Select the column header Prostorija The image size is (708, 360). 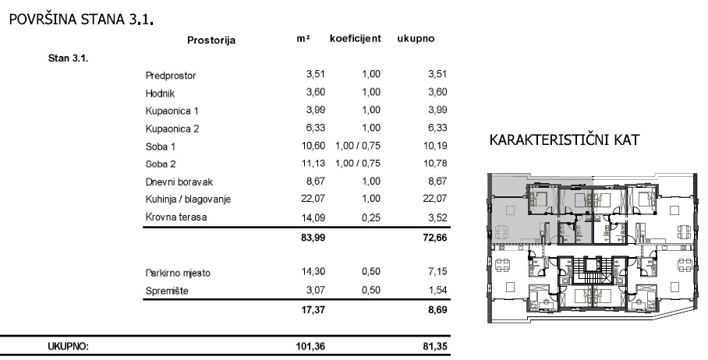click(x=211, y=40)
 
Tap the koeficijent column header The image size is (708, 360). click(x=355, y=38)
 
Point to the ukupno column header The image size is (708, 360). click(x=416, y=38)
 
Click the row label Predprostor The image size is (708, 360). click(x=170, y=76)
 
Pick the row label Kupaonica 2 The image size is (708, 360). click(x=172, y=129)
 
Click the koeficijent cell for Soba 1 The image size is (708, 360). click(x=357, y=146)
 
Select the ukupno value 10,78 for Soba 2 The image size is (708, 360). click(x=434, y=164)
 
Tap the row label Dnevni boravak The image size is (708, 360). click(x=179, y=182)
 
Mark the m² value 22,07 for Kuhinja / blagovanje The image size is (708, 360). click(x=312, y=199)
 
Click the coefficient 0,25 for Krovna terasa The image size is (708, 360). click(x=370, y=217)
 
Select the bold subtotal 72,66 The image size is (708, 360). click(x=433, y=238)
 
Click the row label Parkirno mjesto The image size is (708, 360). click(x=178, y=274)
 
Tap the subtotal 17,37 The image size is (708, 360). click(x=312, y=310)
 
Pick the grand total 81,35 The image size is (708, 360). click(x=433, y=347)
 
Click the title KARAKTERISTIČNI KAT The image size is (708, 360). click(x=565, y=141)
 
